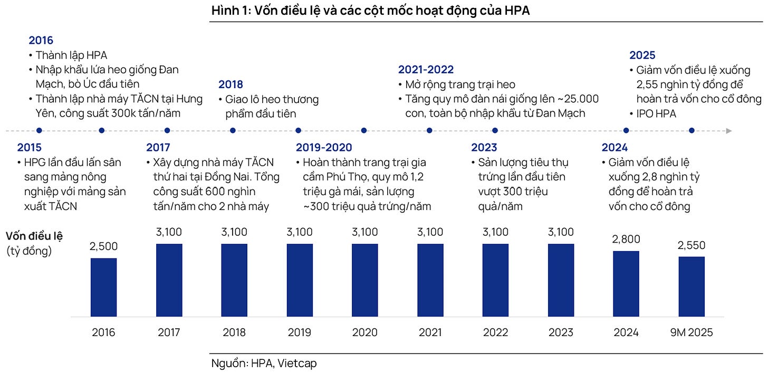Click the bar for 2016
click(103, 288)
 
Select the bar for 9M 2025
click(692, 286)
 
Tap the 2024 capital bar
click(626, 284)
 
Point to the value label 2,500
click(103, 246)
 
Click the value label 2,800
click(626, 239)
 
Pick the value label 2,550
click(692, 245)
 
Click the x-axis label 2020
click(364, 332)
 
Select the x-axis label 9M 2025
click(692, 332)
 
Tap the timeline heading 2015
click(29, 148)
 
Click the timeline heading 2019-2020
click(324, 148)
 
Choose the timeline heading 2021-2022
click(426, 70)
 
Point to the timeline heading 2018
click(231, 84)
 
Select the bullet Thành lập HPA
click(71, 55)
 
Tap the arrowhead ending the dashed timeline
click(728, 130)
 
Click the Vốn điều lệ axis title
click(34, 236)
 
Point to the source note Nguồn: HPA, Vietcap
click(264, 363)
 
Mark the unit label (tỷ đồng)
click(29, 251)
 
